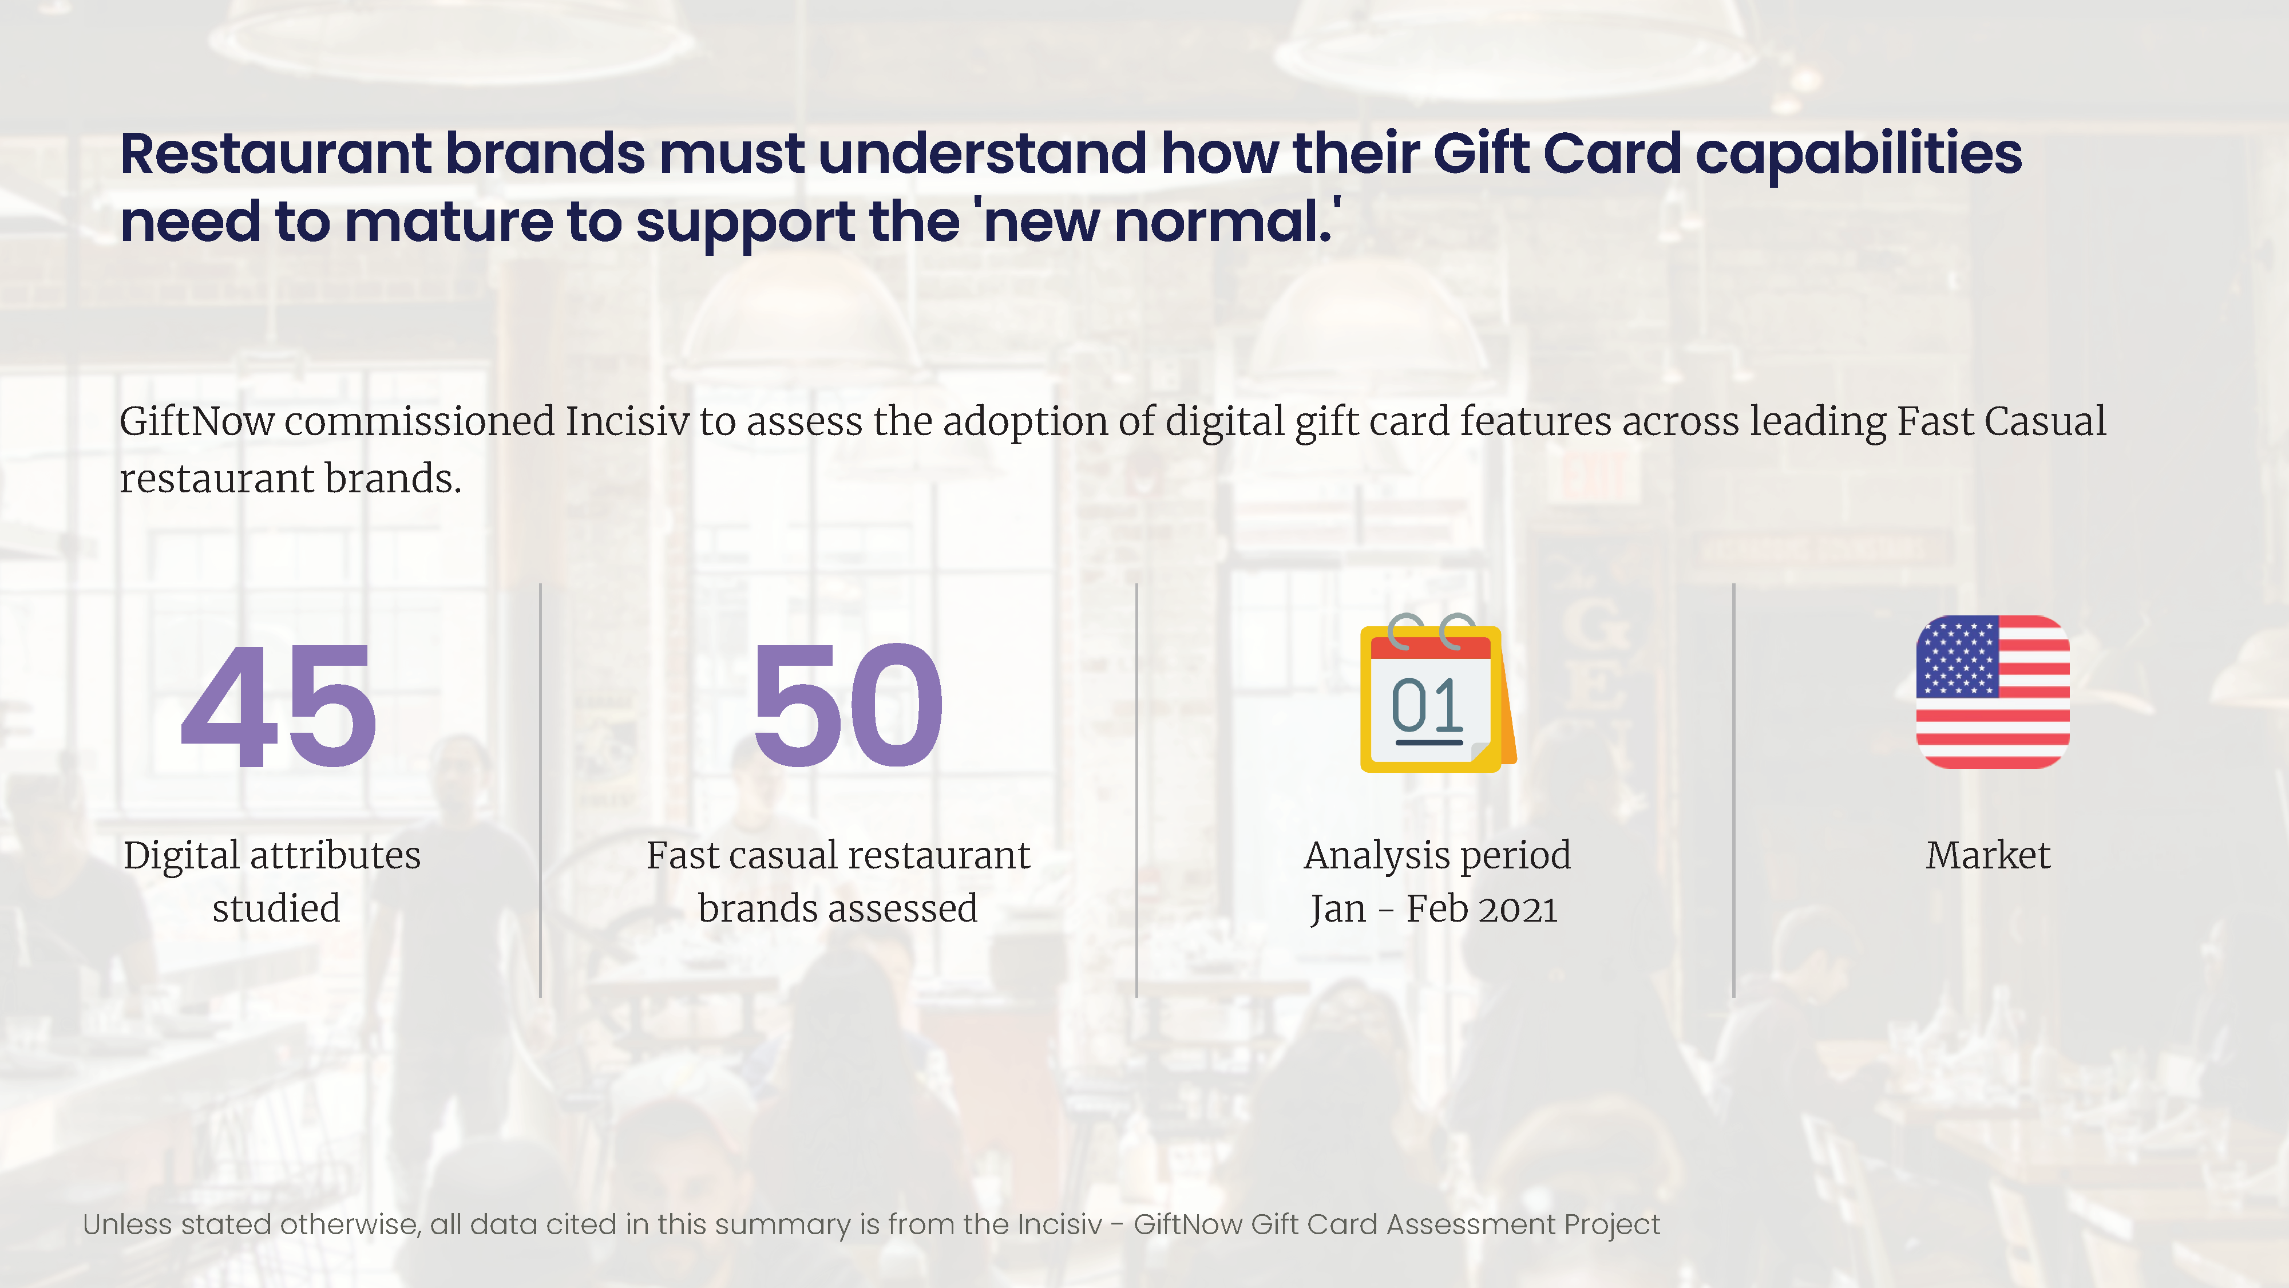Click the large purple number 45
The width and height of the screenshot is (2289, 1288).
pos(279,706)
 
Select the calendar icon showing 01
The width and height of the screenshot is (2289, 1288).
pos(1437,693)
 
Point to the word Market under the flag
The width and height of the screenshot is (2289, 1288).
pos(1989,855)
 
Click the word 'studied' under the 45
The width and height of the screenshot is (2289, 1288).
pos(276,908)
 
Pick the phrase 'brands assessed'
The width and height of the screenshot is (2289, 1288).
pos(838,908)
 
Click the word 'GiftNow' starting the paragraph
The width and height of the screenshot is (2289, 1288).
pos(197,421)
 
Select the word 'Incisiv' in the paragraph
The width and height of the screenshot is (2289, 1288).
pos(627,421)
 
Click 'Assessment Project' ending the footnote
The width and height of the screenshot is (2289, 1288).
pos(1523,1226)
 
